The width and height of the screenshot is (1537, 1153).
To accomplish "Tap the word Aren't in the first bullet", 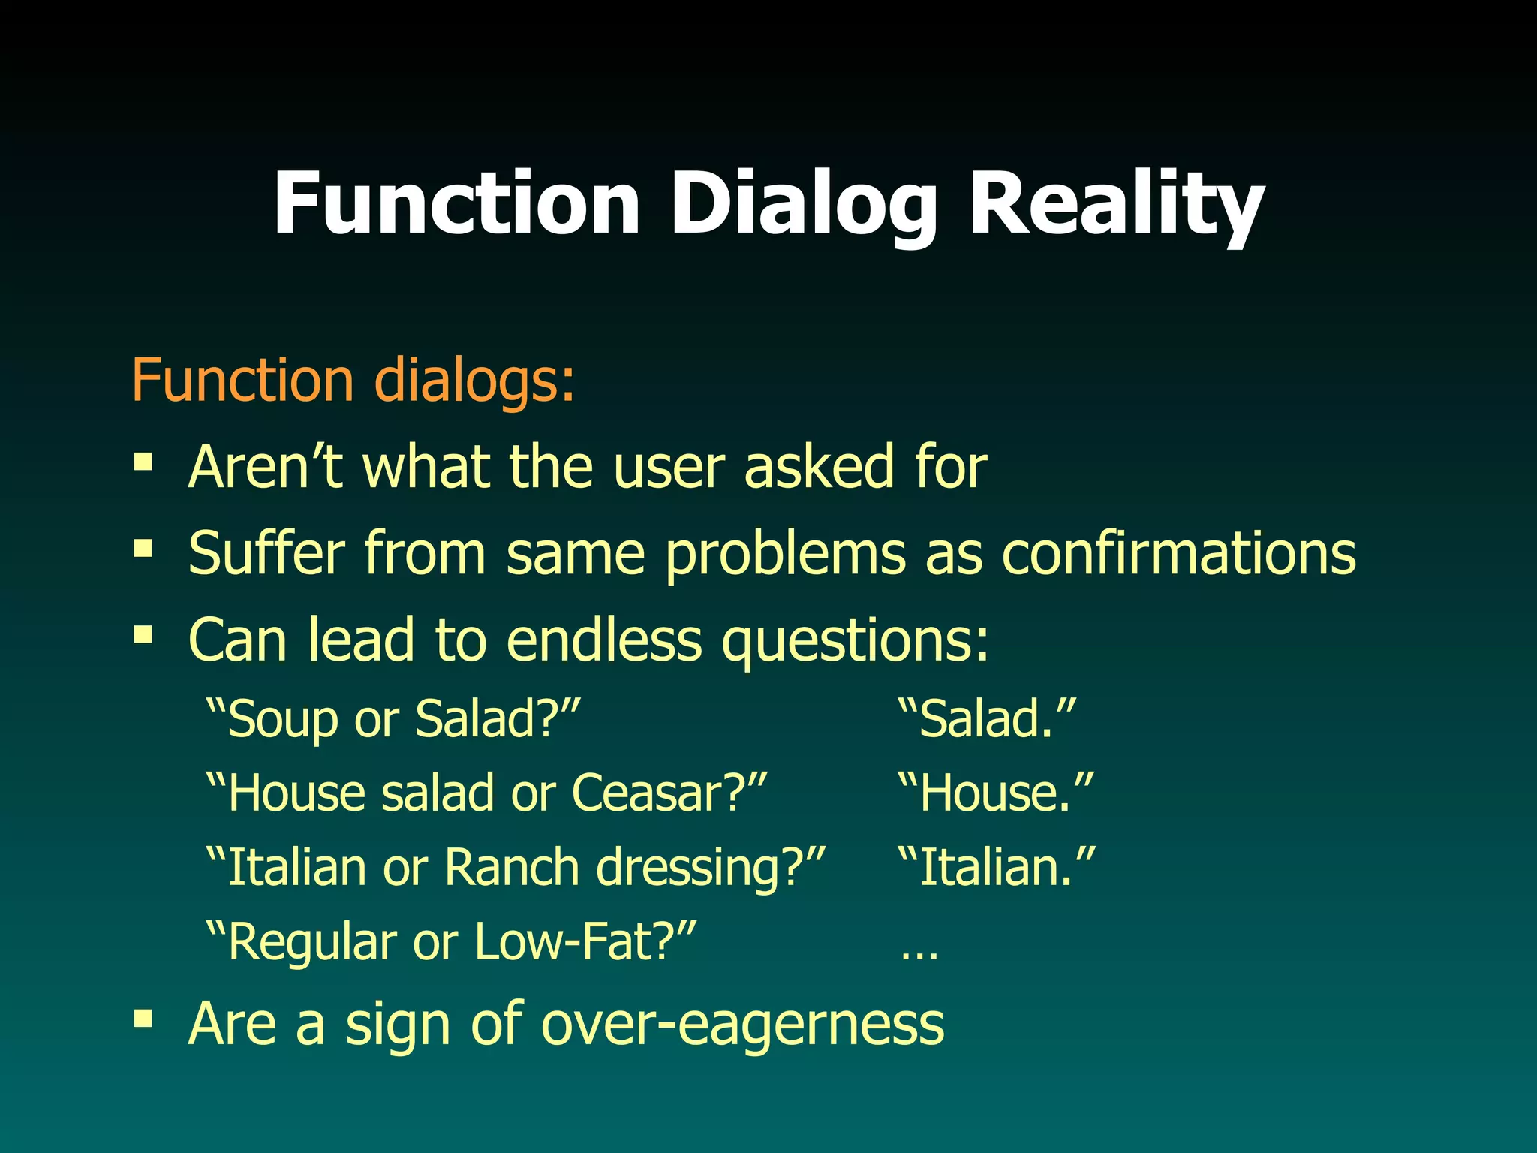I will (266, 467).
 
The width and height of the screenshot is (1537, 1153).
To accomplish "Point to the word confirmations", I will (1179, 554).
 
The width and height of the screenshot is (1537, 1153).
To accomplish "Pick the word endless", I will (604, 640).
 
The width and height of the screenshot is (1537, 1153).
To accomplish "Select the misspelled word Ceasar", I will (657, 793).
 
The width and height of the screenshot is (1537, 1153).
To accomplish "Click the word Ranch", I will (511, 868).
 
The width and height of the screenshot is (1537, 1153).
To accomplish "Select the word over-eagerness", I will (741, 1024).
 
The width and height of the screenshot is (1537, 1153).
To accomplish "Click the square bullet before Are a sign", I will (143, 1019).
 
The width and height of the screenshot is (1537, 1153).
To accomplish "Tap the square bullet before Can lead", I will (143, 636).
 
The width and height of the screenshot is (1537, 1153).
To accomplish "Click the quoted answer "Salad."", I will (987, 719).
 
